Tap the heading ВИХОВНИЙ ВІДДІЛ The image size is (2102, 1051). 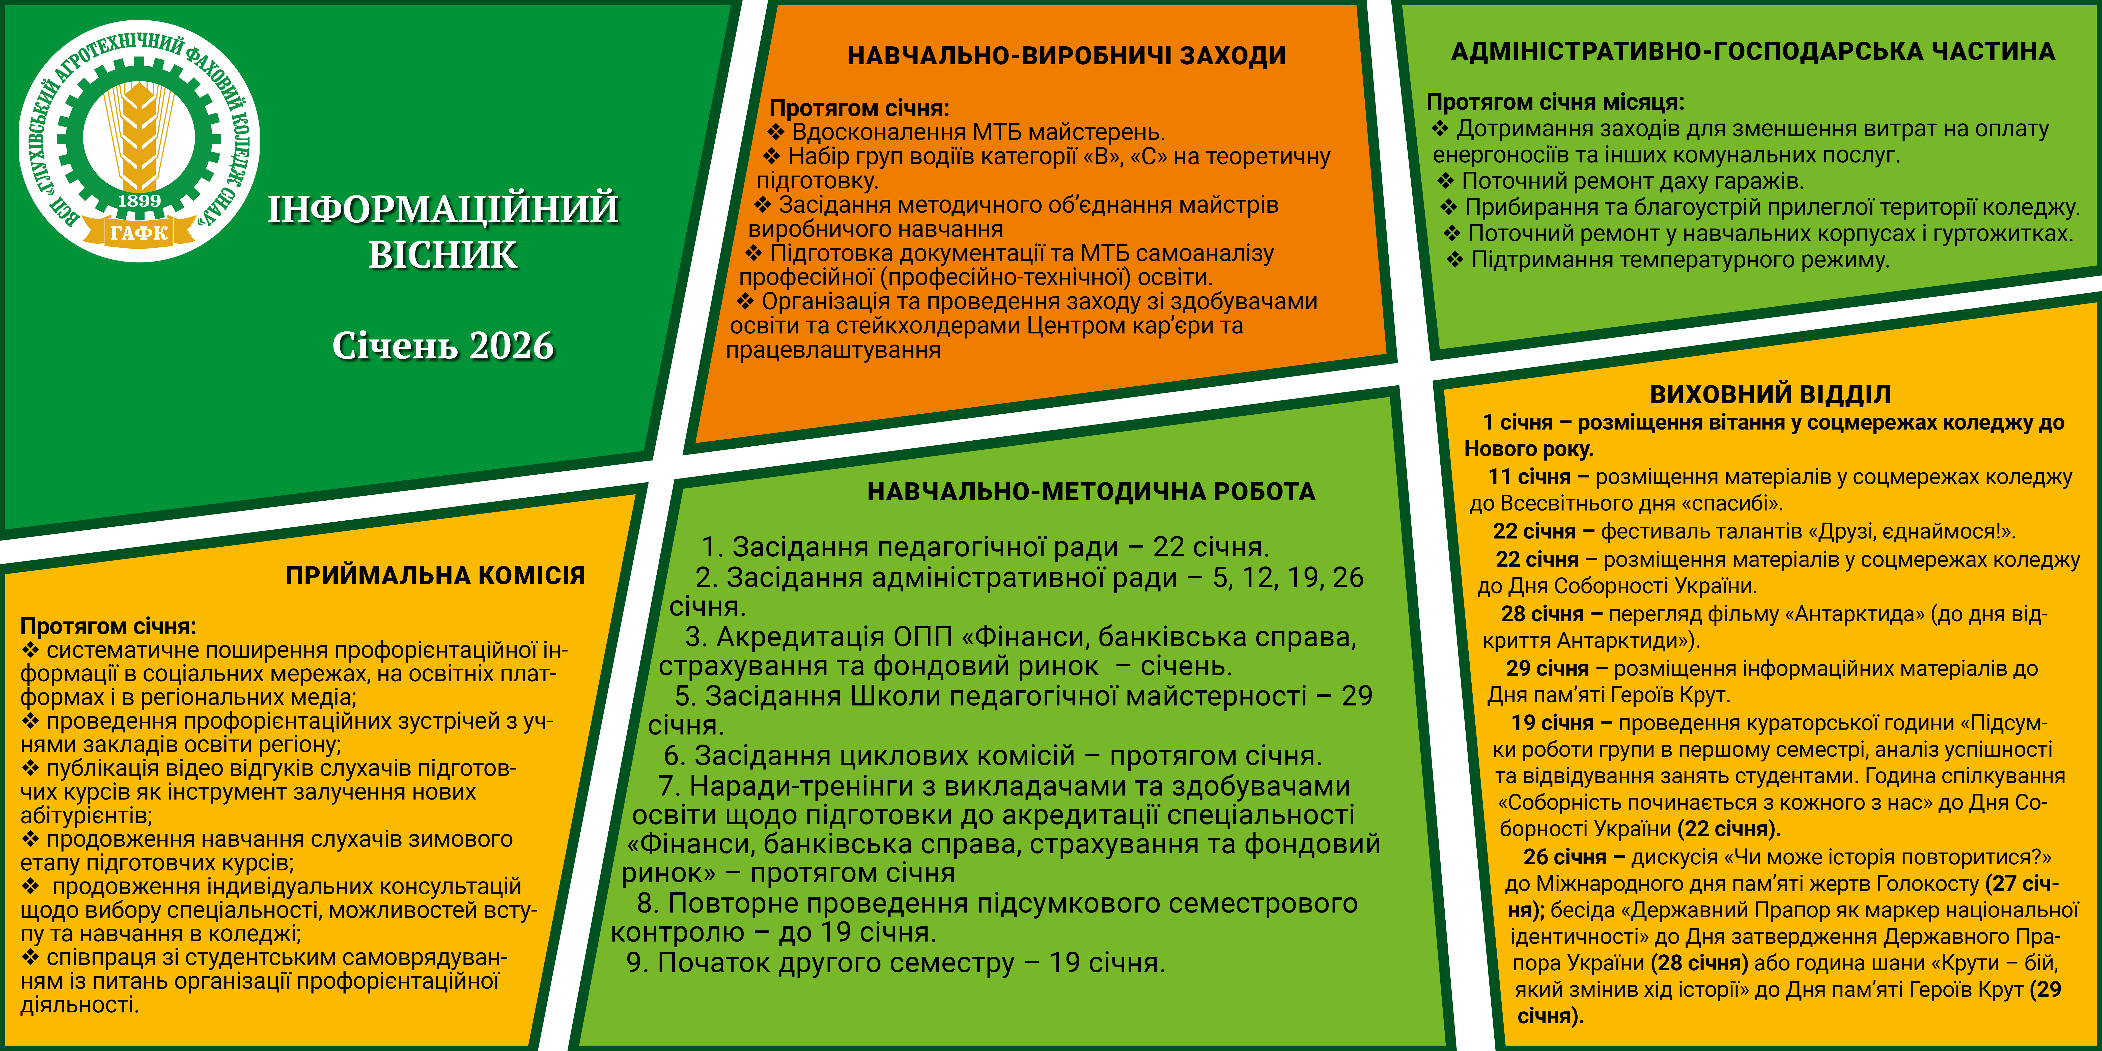(x=1770, y=394)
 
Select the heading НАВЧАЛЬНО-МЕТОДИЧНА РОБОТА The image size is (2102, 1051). (x=1091, y=491)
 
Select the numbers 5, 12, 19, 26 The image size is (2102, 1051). (x=1288, y=578)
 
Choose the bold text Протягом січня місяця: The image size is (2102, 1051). (x=1555, y=102)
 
